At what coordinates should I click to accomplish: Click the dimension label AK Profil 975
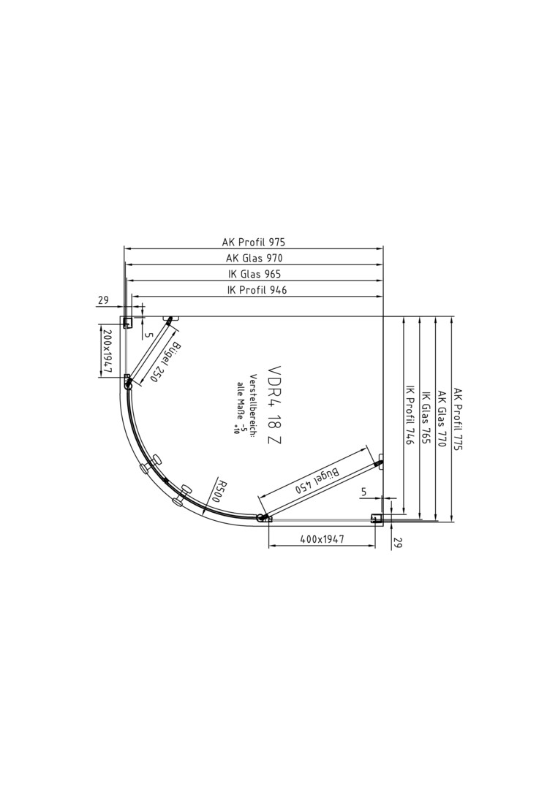coord(253,242)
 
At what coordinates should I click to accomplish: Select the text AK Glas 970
coord(255,258)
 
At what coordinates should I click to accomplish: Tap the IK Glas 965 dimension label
coord(255,274)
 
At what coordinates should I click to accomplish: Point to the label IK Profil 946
coord(257,290)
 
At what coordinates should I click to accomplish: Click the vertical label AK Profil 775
coord(457,419)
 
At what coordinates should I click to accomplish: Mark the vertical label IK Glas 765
coord(426,417)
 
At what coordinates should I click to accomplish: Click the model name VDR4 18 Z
coord(274,405)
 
